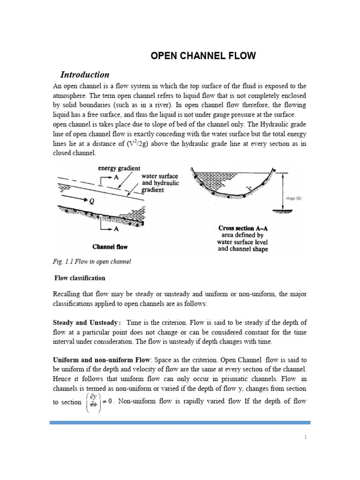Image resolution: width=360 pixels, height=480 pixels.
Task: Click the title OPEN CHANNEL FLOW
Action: click(x=203, y=56)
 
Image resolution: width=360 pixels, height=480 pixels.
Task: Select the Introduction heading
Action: click(x=85, y=75)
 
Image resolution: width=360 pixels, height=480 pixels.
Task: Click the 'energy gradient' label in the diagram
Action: click(x=119, y=168)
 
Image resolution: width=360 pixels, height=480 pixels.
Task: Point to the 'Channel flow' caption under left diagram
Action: click(x=110, y=247)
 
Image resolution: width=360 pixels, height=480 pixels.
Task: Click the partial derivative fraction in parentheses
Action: click(x=93, y=402)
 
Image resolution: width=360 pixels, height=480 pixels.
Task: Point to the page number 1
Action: click(x=305, y=437)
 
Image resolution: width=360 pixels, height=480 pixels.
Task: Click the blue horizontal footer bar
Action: click(x=180, y=423)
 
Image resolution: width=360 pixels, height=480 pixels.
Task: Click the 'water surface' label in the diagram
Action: click(x=159, y=176)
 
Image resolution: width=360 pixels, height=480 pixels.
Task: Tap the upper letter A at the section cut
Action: click(x=116, y=177)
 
